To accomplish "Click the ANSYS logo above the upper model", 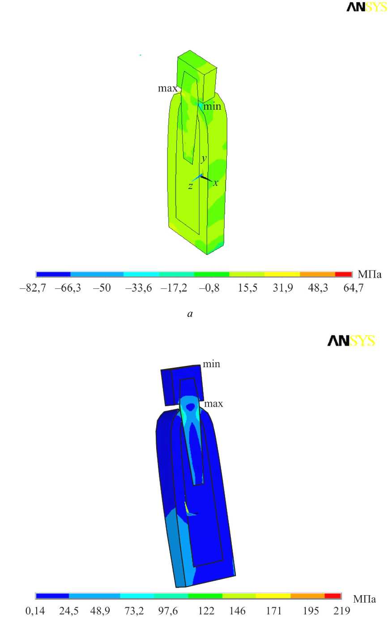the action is tap(367, 7).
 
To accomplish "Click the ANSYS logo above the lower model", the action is tap(351, 341).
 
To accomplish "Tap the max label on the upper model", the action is tap(168, 88).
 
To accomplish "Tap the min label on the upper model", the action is tap(212, 106).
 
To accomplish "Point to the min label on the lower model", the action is tap(212, 364).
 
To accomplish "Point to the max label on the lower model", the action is tap(213, 403).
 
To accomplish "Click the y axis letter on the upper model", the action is tap(204, 159).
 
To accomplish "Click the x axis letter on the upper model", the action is tap(216, 183).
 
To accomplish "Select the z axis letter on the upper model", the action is tap(190, 186).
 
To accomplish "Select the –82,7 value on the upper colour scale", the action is tap(33, 288).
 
